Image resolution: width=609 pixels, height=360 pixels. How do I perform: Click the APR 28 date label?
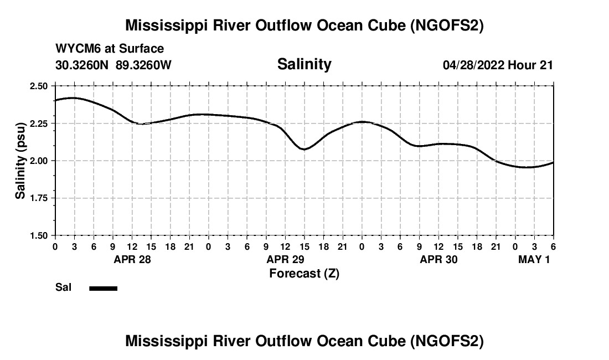132,259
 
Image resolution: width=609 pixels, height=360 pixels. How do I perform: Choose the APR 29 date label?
285,259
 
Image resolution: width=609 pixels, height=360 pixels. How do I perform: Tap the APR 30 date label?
438,259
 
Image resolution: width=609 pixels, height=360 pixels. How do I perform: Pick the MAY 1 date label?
534,259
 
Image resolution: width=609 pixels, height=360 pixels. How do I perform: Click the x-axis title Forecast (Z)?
304,274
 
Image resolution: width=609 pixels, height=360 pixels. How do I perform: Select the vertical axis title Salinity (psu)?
20,161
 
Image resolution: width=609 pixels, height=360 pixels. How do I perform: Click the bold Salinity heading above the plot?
304,64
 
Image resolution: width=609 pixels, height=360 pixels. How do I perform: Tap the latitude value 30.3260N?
83,65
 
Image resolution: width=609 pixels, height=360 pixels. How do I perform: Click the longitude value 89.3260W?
144,65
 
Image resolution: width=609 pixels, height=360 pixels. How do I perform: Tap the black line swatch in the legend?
103,288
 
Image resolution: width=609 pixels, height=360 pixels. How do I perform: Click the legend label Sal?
63,287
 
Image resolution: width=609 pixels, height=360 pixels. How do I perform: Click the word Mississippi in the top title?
164,25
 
